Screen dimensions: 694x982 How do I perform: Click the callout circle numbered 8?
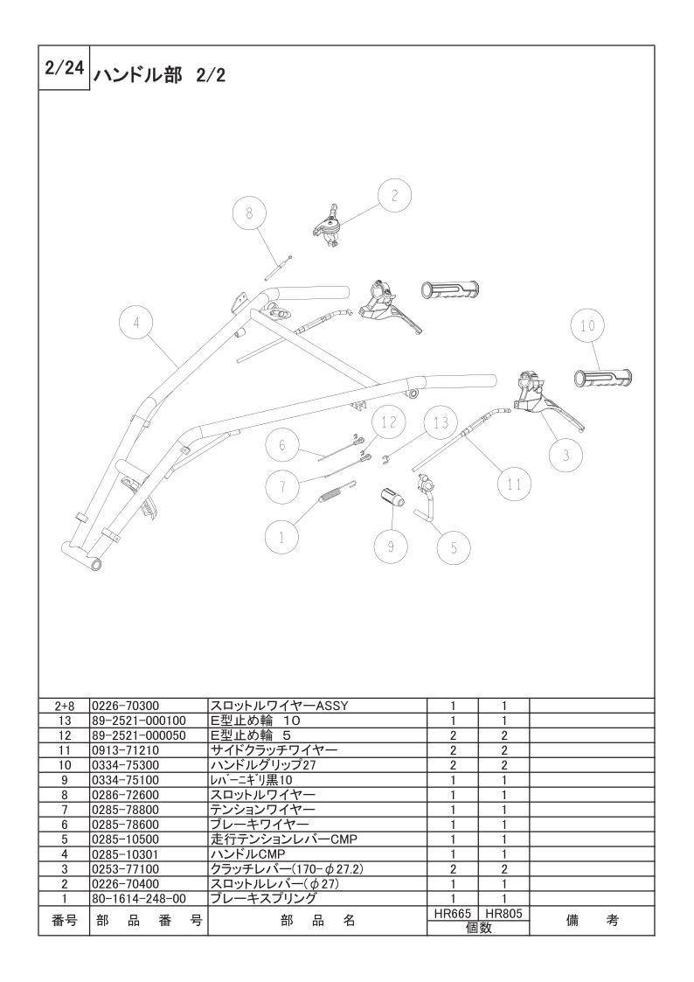(249, 213)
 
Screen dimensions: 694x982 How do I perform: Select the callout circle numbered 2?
(394, 195)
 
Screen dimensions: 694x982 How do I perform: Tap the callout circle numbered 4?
(135, 324)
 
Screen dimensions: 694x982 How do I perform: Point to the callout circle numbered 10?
(587, 325)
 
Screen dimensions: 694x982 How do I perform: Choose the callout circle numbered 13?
(441, 423)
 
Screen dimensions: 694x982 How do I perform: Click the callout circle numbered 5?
(454, 548)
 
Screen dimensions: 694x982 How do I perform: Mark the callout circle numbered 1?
(281, 537)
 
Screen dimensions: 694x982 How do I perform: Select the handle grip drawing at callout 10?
(603, 378)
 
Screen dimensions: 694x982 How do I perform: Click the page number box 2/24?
(65, 67)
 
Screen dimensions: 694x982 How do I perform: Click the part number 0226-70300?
(125, 706)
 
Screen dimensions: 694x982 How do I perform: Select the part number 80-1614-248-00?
(139, 899)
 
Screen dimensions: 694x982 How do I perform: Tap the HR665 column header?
(453, 915)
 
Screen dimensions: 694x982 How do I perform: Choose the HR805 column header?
(503, 915)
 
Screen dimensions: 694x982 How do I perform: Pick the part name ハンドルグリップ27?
(263, 765)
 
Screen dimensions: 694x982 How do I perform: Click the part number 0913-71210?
(125, 750)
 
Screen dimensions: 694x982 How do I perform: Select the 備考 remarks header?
(592, 921)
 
